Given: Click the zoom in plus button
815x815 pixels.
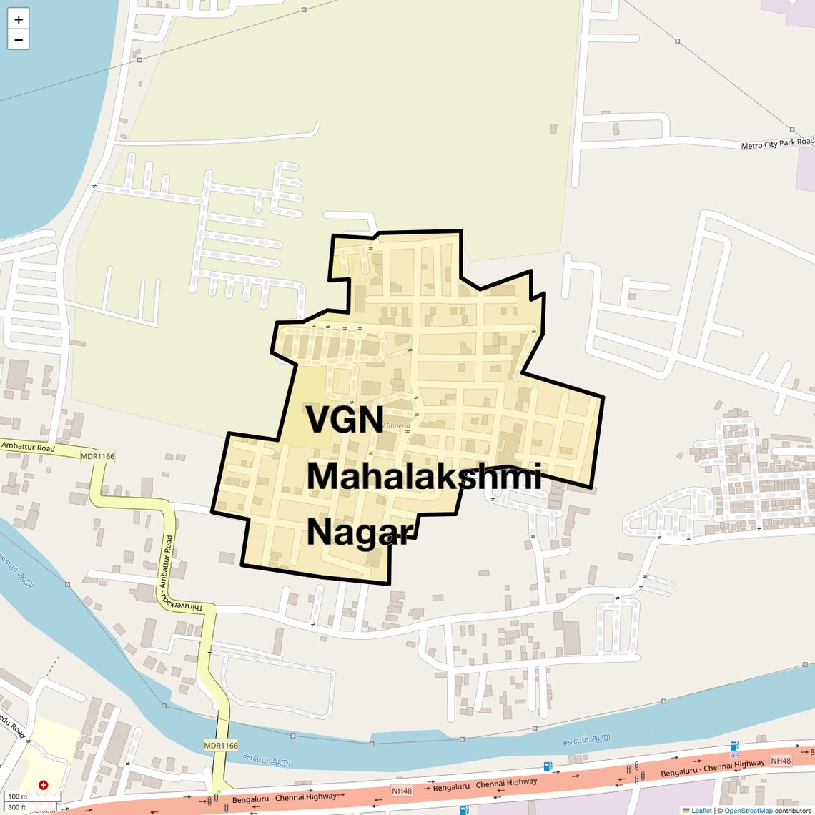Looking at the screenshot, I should coord(19,19).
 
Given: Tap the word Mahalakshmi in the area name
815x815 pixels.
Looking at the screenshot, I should coord(424,476).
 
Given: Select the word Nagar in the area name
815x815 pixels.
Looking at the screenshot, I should coord(361,532).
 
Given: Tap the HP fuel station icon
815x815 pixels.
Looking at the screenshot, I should coord(734,747).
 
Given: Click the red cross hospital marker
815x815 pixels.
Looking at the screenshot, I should coord(44,785).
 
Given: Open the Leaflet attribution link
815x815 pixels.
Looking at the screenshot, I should coord(701,810).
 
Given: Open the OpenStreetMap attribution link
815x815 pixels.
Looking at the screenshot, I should coord(748,810).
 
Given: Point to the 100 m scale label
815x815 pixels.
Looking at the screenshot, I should coord(17,796).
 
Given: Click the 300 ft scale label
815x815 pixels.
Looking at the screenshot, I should coord(17,807).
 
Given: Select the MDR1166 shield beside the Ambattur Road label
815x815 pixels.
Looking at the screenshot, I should coord(97,456).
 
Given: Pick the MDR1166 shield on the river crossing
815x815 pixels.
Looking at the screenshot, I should coord(221,745).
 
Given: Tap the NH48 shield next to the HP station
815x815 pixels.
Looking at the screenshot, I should coord(781,761).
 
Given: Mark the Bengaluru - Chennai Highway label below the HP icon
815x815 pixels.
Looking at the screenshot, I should coord(712,769).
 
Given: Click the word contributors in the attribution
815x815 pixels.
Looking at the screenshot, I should coord(793,810).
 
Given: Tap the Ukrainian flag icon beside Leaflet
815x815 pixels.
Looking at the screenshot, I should coord(686,810).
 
